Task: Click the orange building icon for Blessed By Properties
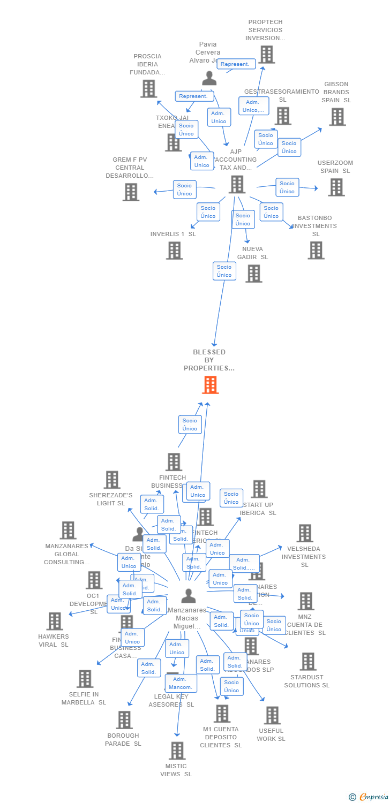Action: [210, 385]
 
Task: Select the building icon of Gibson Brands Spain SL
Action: [337, 117]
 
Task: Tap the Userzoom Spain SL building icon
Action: [336, 187]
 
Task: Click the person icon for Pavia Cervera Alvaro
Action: [209, 78]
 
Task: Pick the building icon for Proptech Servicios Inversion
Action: [266, 55]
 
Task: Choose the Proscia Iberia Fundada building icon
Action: [148, 89]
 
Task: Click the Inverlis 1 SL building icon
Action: [174, 250]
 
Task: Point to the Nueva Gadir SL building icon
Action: [253, 274]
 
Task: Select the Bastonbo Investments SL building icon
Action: [316, 250]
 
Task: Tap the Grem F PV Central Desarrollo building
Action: [131, 192]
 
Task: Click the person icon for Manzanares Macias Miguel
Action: [188, 596]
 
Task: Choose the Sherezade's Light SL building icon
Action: [111, 480]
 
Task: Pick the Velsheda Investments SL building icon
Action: [305, 533]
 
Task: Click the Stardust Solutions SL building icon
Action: [307, 662]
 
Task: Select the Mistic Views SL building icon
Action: [177, 751]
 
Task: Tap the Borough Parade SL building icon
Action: [124, 720]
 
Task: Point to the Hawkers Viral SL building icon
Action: [55, 621]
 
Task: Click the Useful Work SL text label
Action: [271, 734]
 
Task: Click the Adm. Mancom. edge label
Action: [181, 683]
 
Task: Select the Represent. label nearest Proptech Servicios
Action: [236, 64]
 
